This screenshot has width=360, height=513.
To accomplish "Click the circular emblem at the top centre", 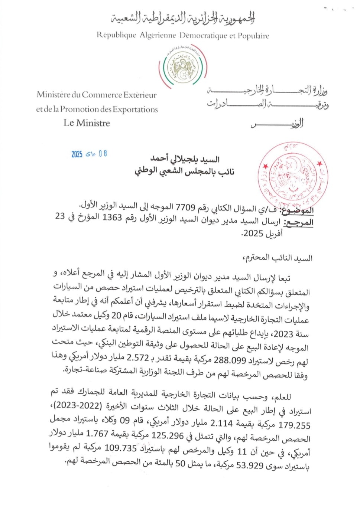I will pyautogui.click(x=182, y=67).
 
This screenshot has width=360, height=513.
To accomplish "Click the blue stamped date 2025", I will pyautogui.click(x=77, y=154).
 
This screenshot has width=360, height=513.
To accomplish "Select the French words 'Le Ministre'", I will pyautogui.click(x=87, y=123).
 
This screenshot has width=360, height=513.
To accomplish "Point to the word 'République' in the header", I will pyautogui.click(x=116, y=35).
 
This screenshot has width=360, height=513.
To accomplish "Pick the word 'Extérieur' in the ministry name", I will pyautogui.click(x=139, y=95).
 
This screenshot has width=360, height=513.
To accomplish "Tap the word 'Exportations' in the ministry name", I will pyautogui.click(x=135, y=110).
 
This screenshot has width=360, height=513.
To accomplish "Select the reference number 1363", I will pyautogui.click(x=112, y=218).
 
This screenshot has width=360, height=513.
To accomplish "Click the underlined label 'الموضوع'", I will pyautogui.click(x=297, y=210).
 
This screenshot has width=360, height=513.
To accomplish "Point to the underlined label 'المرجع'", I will pyautogui.click(x=298, y=223).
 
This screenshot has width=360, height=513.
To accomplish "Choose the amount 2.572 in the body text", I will pyautogui.click(x=138, y=357).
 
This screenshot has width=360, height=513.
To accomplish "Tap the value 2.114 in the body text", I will pyautogui.click(x=221, y=424).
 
